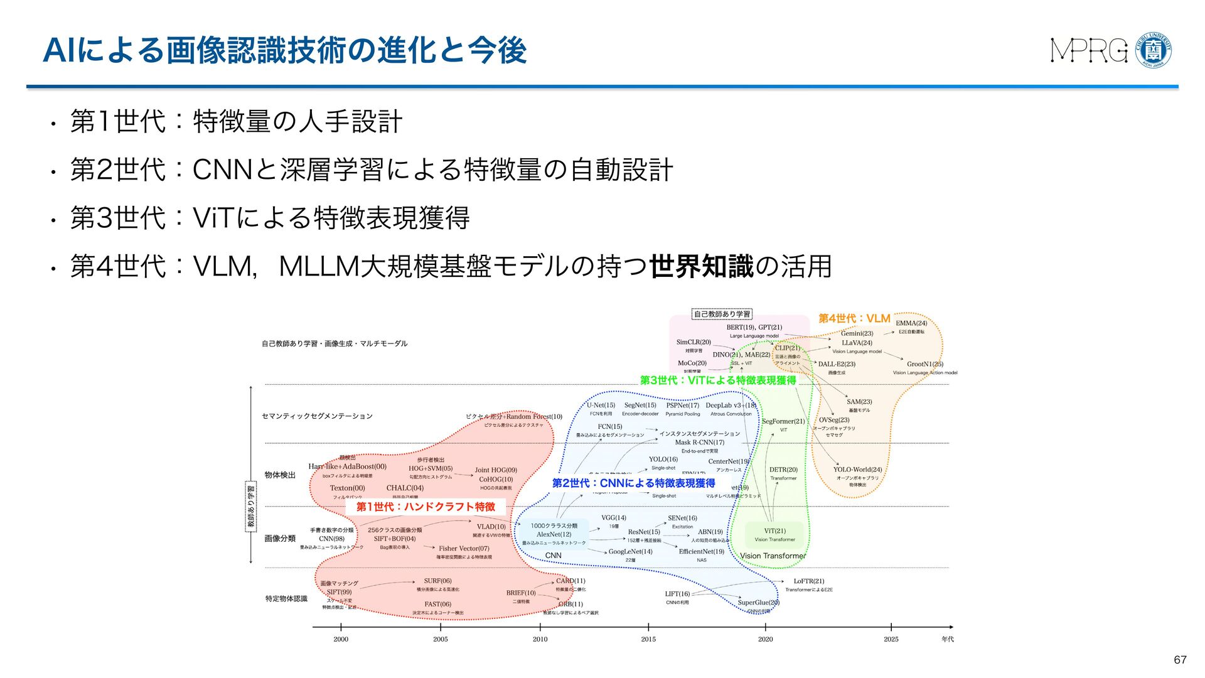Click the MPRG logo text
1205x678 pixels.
coord(1089,51)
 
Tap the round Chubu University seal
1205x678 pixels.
coord(1154,50)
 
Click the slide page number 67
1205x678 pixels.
coord(1180,660)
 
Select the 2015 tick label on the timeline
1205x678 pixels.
coord(648,639)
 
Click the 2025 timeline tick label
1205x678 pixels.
coord(891,639)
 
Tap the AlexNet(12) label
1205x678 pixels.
coord(554,534)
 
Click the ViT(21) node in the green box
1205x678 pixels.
coord(774,530)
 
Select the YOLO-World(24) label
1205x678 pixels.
coord(857,470)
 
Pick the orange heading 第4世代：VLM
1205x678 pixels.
coord(854,318)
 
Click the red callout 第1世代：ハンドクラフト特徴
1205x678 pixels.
coord(426,507)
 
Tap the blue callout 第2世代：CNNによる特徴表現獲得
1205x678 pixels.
coord(633,483)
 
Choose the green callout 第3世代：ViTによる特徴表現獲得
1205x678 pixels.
coord(717,380)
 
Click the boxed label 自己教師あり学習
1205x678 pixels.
coord(722,314)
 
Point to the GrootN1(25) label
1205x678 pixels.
coord(924,364)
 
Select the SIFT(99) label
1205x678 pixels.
coord(339,592)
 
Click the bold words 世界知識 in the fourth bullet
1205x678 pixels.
coord(701,267)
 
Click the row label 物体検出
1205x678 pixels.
coord(280,475)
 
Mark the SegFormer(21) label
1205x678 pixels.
coord(783,421)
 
